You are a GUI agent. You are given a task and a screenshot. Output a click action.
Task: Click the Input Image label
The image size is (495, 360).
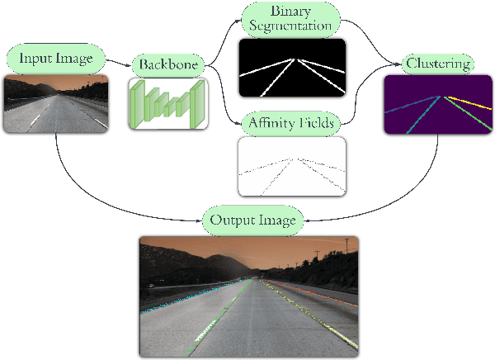[x=57, y=59]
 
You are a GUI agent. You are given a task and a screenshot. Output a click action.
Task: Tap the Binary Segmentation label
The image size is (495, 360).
[x=291, y=18]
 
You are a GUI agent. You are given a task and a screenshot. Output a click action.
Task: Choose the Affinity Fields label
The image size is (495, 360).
[x=291, y=124]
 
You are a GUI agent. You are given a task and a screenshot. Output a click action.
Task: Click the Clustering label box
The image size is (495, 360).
[x=437, y=63]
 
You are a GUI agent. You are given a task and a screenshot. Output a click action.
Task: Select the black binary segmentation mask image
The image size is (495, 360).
[x=291, y=68]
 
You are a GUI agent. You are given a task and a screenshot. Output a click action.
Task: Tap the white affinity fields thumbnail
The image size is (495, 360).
[x=291, y=168]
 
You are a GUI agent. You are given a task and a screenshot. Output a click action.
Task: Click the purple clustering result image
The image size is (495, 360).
[x=436, y=104]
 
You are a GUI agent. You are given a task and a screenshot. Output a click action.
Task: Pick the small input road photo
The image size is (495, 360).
[x=56, y=104]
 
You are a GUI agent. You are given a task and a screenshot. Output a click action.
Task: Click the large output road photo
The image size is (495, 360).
[x=249, y=296]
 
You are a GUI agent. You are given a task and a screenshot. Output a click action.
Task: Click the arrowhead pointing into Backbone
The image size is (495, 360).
[x=130, y=64]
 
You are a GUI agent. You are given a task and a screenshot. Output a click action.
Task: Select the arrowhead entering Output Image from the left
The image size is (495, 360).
[x=200, y=220]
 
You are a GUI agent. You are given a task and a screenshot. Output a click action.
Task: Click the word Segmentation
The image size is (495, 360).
[x=291, y=26]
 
